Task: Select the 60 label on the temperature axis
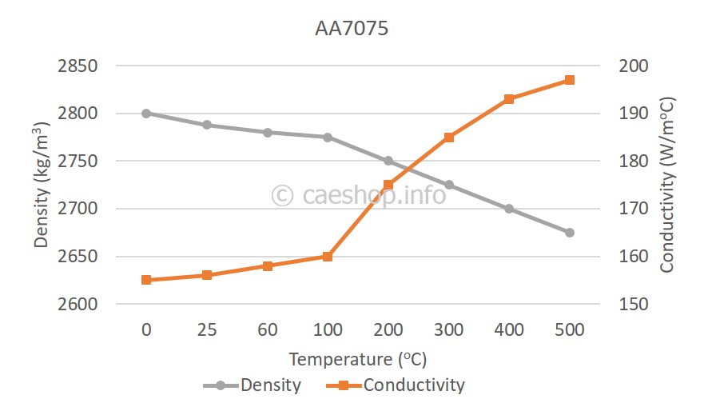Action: point(267,329)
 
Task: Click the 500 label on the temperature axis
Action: point(569,329)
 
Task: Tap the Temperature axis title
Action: point(352,357)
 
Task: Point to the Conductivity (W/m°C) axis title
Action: point(668,185)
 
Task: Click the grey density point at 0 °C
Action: point(146,114)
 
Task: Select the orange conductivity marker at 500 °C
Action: point(570,80)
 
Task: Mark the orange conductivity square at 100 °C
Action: point(328,257)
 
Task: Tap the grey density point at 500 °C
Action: point(570,233)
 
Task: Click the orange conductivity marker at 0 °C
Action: point(146,280)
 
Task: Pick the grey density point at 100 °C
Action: point(328,138)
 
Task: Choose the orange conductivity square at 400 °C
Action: point(509,99)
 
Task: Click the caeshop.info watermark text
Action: point(359,194)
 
